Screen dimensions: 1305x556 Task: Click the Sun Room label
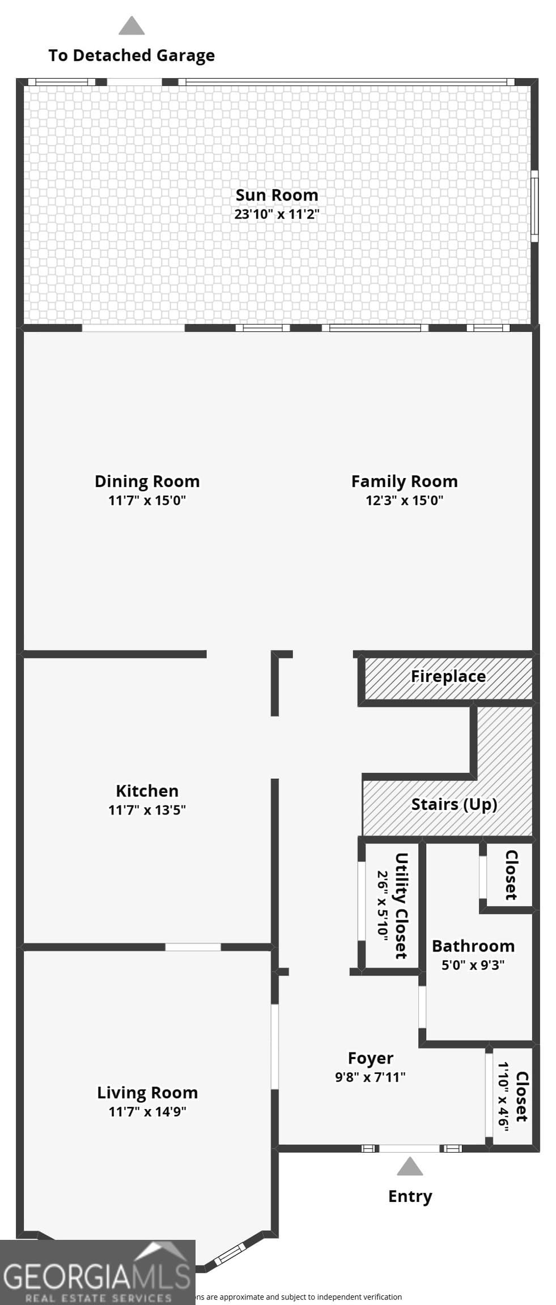pyautogui.click(x=277, y=195)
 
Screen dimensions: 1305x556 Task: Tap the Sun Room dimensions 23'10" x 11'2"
pyautogui.click(x=277, y=214)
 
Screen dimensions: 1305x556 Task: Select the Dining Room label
pyautogui.click(x=147, y=481)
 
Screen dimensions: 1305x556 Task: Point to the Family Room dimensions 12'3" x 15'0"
pyautogui.click(x=404, y=500)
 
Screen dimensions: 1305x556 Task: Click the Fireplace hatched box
pyautogui.click(x=448, y=678)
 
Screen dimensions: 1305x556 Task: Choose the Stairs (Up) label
pyautogui.click(x=453, y=804)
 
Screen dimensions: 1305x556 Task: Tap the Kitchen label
pyautogui.click(x=147, y=791)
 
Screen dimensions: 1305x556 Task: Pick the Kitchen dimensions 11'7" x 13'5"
pyautogui.click(x=147, y=810)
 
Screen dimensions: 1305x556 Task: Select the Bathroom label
pyautogui.click(x=473, y=946)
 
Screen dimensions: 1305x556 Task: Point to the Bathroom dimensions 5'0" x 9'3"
pyautogui.click(x=473, y=965)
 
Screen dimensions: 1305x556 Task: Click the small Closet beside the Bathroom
pyautogui.click(x=510, y=875)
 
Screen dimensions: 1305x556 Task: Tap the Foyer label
pyautogui.click(x=370, y=1058)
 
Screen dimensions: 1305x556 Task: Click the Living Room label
pyautogui.click(x=147, y=1093)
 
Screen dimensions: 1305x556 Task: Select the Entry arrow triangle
pyautogui.click(x=410, y=1167)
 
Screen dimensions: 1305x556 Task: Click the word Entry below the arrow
pyautogui.click(x=410, y=1196)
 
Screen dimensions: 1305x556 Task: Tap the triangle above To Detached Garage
pyautogui.click(x=131, y=27)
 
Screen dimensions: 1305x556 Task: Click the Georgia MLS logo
pyautogui.click(x=97, y=1272)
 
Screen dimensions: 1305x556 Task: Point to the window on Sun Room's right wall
pyautogui.click(x=534, y=206)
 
